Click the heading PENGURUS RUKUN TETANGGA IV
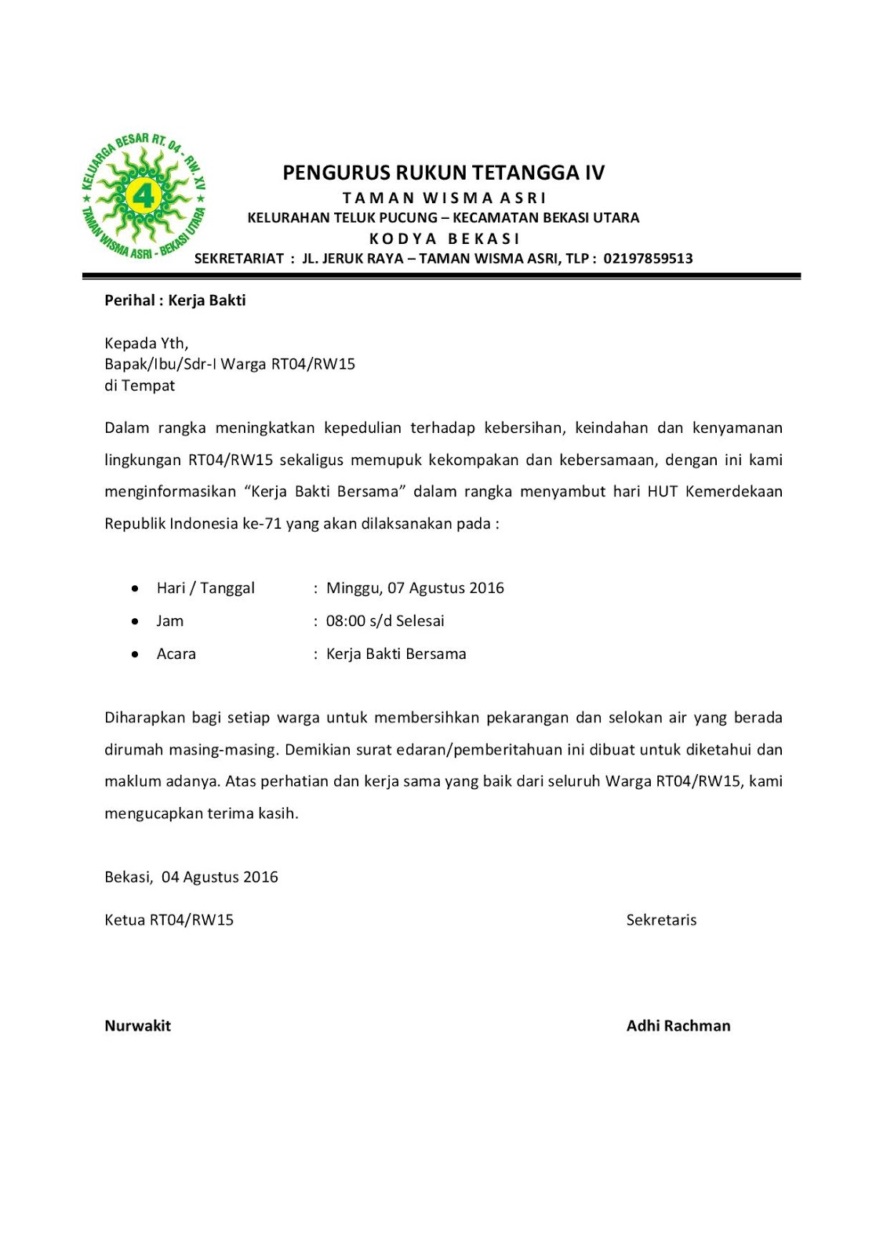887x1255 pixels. pyautogui.click(x=443, y=173)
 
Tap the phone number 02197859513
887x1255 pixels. pyautogui.click(x=648, y=259)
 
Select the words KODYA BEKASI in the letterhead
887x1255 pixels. pyautogui.click(x=444, y=238)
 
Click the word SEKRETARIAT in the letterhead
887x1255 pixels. pyautogui.click(x=238, y=259)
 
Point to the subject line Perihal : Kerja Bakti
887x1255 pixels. pyautogui.click(x=175, y=300)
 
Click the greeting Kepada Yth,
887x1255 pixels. pyautogui.click(x=146, y=343)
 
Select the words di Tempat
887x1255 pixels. pyautogui.click(x=140, y=385)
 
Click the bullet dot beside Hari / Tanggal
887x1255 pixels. pyautogui.click(x=136, y=588)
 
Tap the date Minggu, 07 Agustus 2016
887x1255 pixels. pyautogui.click(x=415, y=588)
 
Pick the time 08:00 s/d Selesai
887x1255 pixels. pyautogui.click(x=385, y=621)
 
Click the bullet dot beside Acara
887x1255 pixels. pyautogui.click(x=136, y=654)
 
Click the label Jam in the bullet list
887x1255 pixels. pyautogui.click(x=169, y=621)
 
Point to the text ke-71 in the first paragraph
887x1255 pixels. pyautogui.click(x=261, y=524)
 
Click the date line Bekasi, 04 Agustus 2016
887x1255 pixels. pyautogui.click(x=191, y=877)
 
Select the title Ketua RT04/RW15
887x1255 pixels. pyautogui.click(x=169, y=920)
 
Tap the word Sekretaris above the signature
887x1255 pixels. pyautogui.click(x=661, y=920)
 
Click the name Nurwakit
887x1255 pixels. pyautogui.click(x=137, y=1026)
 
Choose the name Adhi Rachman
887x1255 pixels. pyautogui.click(x=678, y=1026)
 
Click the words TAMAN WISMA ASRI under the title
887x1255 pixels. pyautogui.click(x=444, y=198)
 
